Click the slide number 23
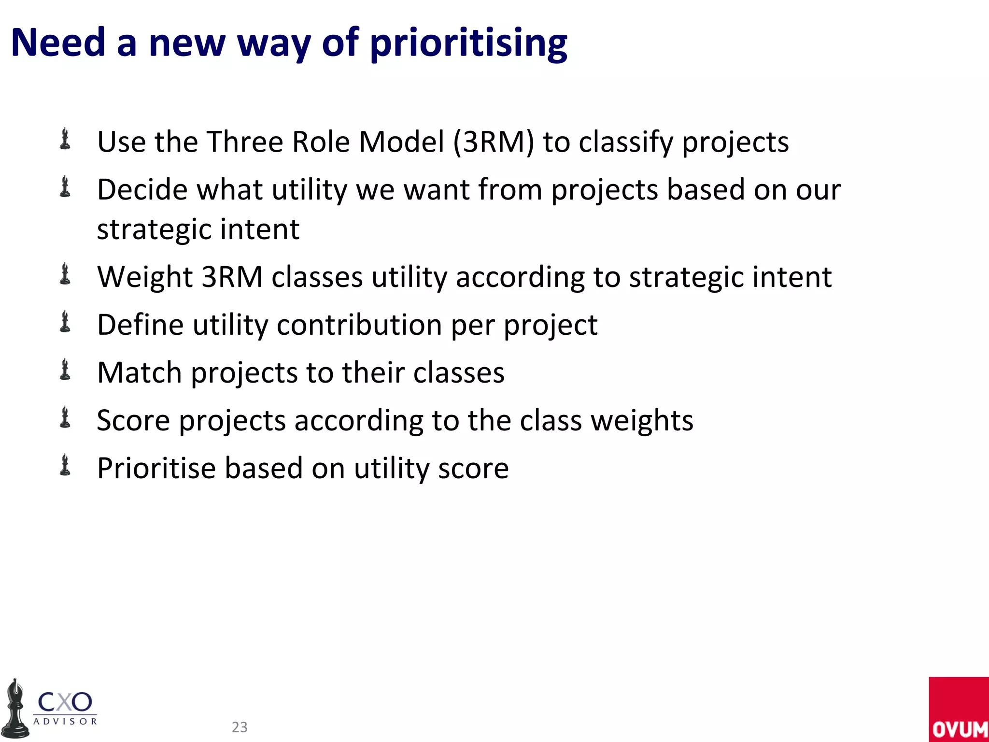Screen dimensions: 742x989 pyautogui.click(x=240, y=727)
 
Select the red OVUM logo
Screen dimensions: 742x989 pyautogui.click(x=959, y=709)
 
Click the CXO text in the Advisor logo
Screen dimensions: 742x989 pyautogui.click(x=65, y=702)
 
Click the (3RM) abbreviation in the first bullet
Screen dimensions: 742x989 pyautogui.click(x=494, y=142)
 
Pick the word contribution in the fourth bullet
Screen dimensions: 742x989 pyautogui.click(x=359, y=325)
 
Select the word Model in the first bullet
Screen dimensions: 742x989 pyautogui.click(x=401, y=142)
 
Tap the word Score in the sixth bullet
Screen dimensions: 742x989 pyautogui.click(x=133, y=420)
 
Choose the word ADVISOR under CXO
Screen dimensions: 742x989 pyautogui.click(x=65, y=721)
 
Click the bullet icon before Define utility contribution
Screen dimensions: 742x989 pyautogui.click(x=65, y=322)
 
